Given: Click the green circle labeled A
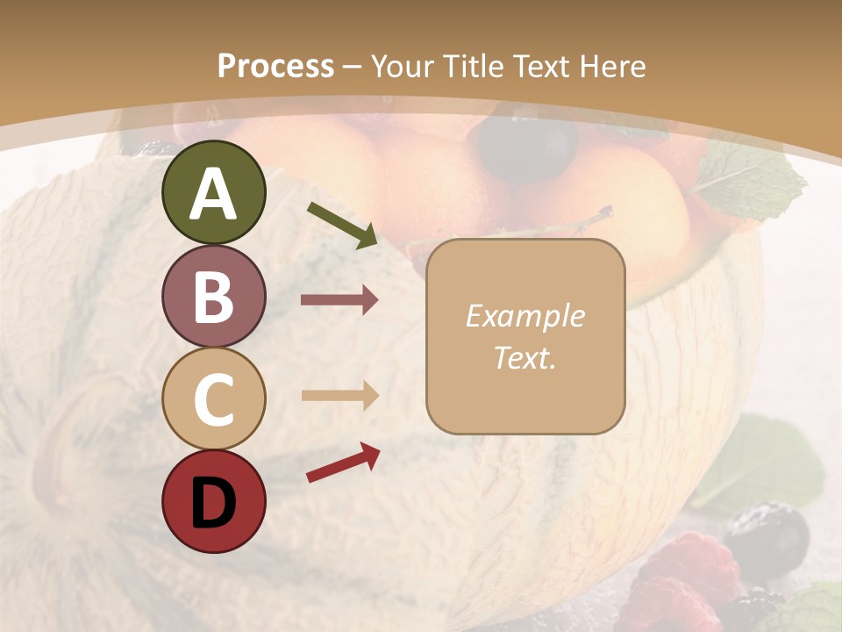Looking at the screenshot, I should [213, 192].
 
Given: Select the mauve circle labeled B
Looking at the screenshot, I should [213, 296].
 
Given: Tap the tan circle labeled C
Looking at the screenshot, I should [213, 399].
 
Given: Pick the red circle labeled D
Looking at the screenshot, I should [213, 501].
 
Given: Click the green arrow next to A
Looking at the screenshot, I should [343, 224].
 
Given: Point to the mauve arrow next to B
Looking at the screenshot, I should [339, 300].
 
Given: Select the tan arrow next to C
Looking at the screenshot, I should [339, 395].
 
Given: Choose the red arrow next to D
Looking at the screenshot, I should [343, 463].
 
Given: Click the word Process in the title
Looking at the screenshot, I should [275, 67].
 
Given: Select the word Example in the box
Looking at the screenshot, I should [524, 316].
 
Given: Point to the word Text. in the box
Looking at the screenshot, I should [524, 357].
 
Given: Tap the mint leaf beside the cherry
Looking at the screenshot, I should [756, 179].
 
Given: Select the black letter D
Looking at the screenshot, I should [213, 503].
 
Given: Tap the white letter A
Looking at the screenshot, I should [213, 194].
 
